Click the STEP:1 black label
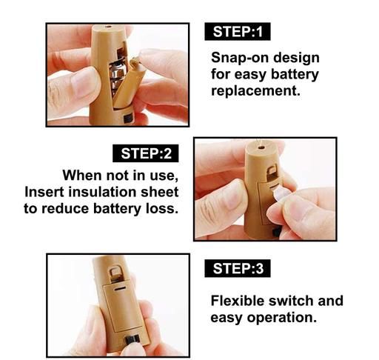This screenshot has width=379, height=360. coord(238,31)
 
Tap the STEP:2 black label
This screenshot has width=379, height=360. coord(146,153)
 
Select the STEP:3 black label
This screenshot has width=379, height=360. coord(238,268)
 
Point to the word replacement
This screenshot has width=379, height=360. coord(255,91)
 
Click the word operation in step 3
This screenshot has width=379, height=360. coord(282,318)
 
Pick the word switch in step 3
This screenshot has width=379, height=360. coord(291,301)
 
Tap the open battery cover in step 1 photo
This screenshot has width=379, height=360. coord(129,84)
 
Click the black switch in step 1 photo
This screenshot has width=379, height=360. coord(128,119)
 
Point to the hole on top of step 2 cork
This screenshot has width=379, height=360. coord(261,148)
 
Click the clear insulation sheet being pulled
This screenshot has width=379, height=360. coord(279,193)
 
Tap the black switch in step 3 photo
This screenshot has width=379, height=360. coord(133,341)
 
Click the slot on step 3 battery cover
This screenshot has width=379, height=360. coord(119,289)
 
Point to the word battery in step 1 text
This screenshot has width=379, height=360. coord(295,75)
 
